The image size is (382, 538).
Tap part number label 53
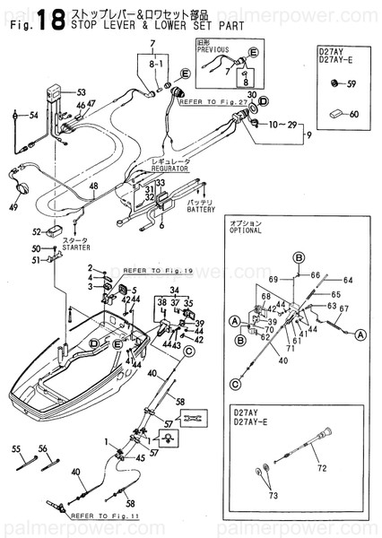pyautogui.click(x=81, y=92)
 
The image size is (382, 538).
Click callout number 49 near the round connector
pyautogui.click(x=13, y=207)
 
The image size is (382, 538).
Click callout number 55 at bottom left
pyautogui.click(x=16, y=447)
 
